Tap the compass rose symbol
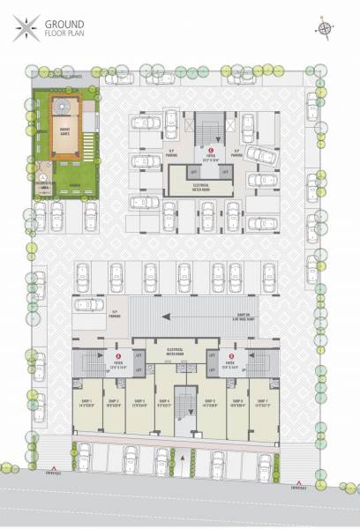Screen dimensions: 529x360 [325, 28]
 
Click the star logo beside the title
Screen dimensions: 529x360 [19, 28]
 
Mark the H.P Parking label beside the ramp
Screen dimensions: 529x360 [115, 313]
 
